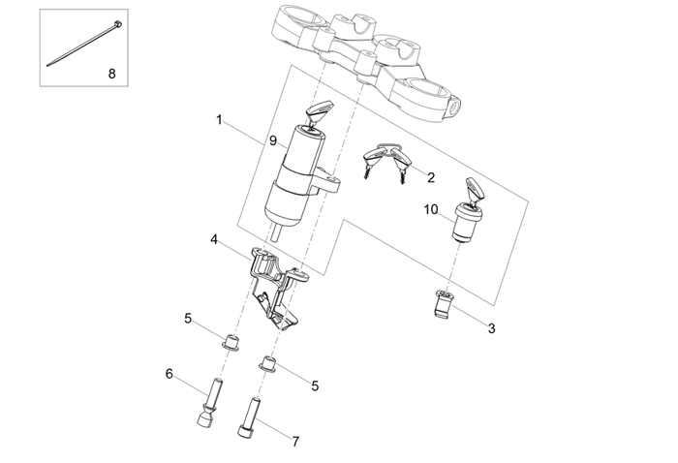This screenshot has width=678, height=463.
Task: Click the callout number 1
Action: [x=220, y=121]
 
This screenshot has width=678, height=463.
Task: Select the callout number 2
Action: [x=430, y=176]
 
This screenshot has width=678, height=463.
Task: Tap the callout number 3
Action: [x=491, y=328]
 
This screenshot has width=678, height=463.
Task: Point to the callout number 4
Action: [x=214, y=237]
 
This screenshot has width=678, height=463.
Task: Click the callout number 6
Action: [x=169, y=374]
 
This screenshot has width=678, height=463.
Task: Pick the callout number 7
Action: [x=295, y=442]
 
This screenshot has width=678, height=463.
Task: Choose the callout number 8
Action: [x=110, y=73]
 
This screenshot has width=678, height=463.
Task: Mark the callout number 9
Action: [x=273, y=140]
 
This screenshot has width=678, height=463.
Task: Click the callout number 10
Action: [x=431, y=208]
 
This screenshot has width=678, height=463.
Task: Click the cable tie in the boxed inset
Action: [x=83, y=44]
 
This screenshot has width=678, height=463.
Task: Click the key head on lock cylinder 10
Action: [x=475, y=186]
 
